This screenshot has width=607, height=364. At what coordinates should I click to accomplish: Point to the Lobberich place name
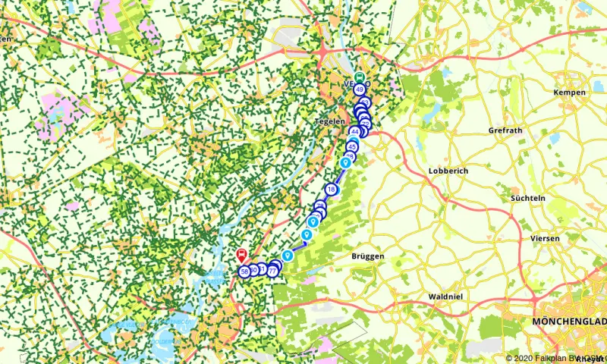pos(448,171)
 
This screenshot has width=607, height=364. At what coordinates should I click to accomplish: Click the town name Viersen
pos(545,238)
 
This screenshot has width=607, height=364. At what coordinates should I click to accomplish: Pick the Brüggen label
pos(368,256)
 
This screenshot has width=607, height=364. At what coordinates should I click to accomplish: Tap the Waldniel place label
pos(445,297)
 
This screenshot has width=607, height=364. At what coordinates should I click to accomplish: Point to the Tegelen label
pos(329,121)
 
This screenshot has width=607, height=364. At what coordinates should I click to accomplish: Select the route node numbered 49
pos(359,89)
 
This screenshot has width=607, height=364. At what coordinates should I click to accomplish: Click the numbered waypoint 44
pos(354,131)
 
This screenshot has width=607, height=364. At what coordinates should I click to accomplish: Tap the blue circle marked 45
pos(351,146)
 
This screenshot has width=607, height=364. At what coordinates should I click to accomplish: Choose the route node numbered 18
pos(330,189)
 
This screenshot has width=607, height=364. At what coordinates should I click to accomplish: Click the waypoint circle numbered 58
pos(244,271)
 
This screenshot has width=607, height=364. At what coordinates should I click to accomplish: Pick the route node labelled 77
pos(272,271)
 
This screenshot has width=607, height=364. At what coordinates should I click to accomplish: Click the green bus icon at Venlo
pos(359,77)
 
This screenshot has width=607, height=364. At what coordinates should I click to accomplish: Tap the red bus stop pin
pos(241,255)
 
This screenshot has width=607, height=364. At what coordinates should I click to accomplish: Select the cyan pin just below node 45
pos(345,162)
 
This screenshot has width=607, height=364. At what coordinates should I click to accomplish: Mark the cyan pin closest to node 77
pos(288,256)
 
